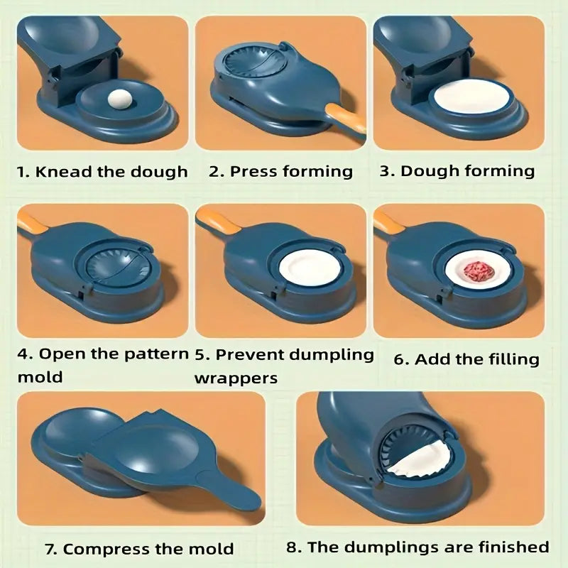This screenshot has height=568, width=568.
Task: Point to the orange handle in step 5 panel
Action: pos(217,222)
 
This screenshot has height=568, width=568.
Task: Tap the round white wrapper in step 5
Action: pos(310,269)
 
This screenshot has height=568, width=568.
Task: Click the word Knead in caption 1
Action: pos(63,171)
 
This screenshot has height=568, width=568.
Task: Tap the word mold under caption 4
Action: pos(40,377)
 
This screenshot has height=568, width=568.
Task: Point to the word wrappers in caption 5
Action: pos(236,379)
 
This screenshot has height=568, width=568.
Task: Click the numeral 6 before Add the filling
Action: pos(398,360)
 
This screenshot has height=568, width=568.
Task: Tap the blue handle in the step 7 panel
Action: pos(232,491)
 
